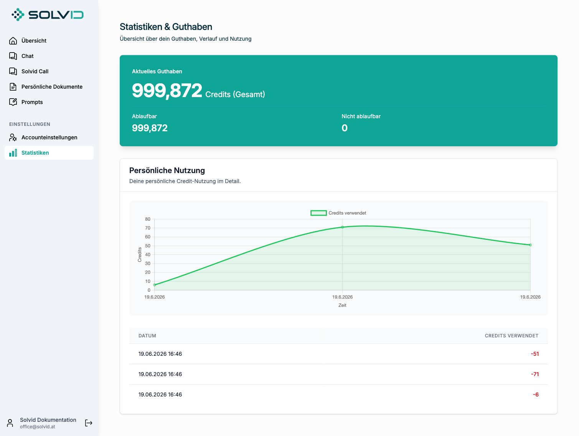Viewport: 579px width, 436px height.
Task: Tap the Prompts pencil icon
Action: (13, 102)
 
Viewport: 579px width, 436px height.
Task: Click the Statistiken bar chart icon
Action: (13, 153)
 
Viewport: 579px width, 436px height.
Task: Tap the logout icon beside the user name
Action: (89, 423)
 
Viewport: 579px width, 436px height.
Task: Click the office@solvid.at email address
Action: (38, 427)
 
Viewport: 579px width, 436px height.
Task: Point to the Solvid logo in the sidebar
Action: (48, 15)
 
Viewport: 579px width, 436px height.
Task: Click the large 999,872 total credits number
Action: (167, 91)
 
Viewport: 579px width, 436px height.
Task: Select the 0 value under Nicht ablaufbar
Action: (345, 128)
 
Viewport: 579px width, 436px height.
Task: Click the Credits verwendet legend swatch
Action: (318, 213)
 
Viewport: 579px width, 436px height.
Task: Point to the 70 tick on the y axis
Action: (148, 228)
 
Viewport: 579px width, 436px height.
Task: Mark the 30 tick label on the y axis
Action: (148, 264)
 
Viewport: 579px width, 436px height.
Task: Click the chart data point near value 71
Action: (342, 227)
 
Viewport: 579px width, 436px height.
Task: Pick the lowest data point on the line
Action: (155, 285)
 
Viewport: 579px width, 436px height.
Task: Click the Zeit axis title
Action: (342, 305)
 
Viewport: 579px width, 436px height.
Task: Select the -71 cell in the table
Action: (535, 374)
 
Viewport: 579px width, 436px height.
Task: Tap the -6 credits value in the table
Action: (536, 394)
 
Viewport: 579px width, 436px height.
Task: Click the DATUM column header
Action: (147, 335)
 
